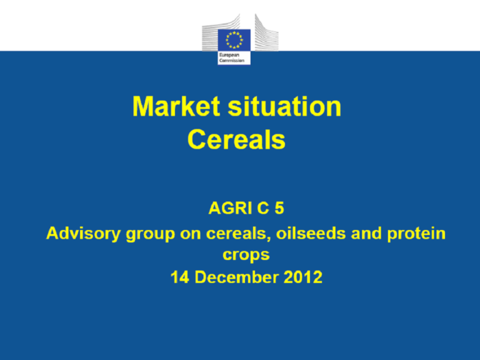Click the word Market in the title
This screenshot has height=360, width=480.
[176, 106]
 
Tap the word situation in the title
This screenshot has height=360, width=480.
[285, 106]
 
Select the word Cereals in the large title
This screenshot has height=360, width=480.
[236, 139]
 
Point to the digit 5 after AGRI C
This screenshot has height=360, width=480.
[279, 208]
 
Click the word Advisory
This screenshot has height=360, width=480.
[84, 233]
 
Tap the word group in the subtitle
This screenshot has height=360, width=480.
[150, 234]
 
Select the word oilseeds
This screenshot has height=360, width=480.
[311, 233]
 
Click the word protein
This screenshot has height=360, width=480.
[416, 234]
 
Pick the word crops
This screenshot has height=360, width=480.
[246, 255]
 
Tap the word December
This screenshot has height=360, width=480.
[237, 277]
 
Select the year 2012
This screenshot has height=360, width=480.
[303, 277]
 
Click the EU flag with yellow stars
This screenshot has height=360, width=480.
[234, 40]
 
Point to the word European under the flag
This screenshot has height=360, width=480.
[229, 55]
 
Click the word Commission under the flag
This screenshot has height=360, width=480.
[232, 60]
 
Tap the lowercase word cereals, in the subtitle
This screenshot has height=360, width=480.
[239, 234]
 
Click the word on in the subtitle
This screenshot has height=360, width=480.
[191, 234]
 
